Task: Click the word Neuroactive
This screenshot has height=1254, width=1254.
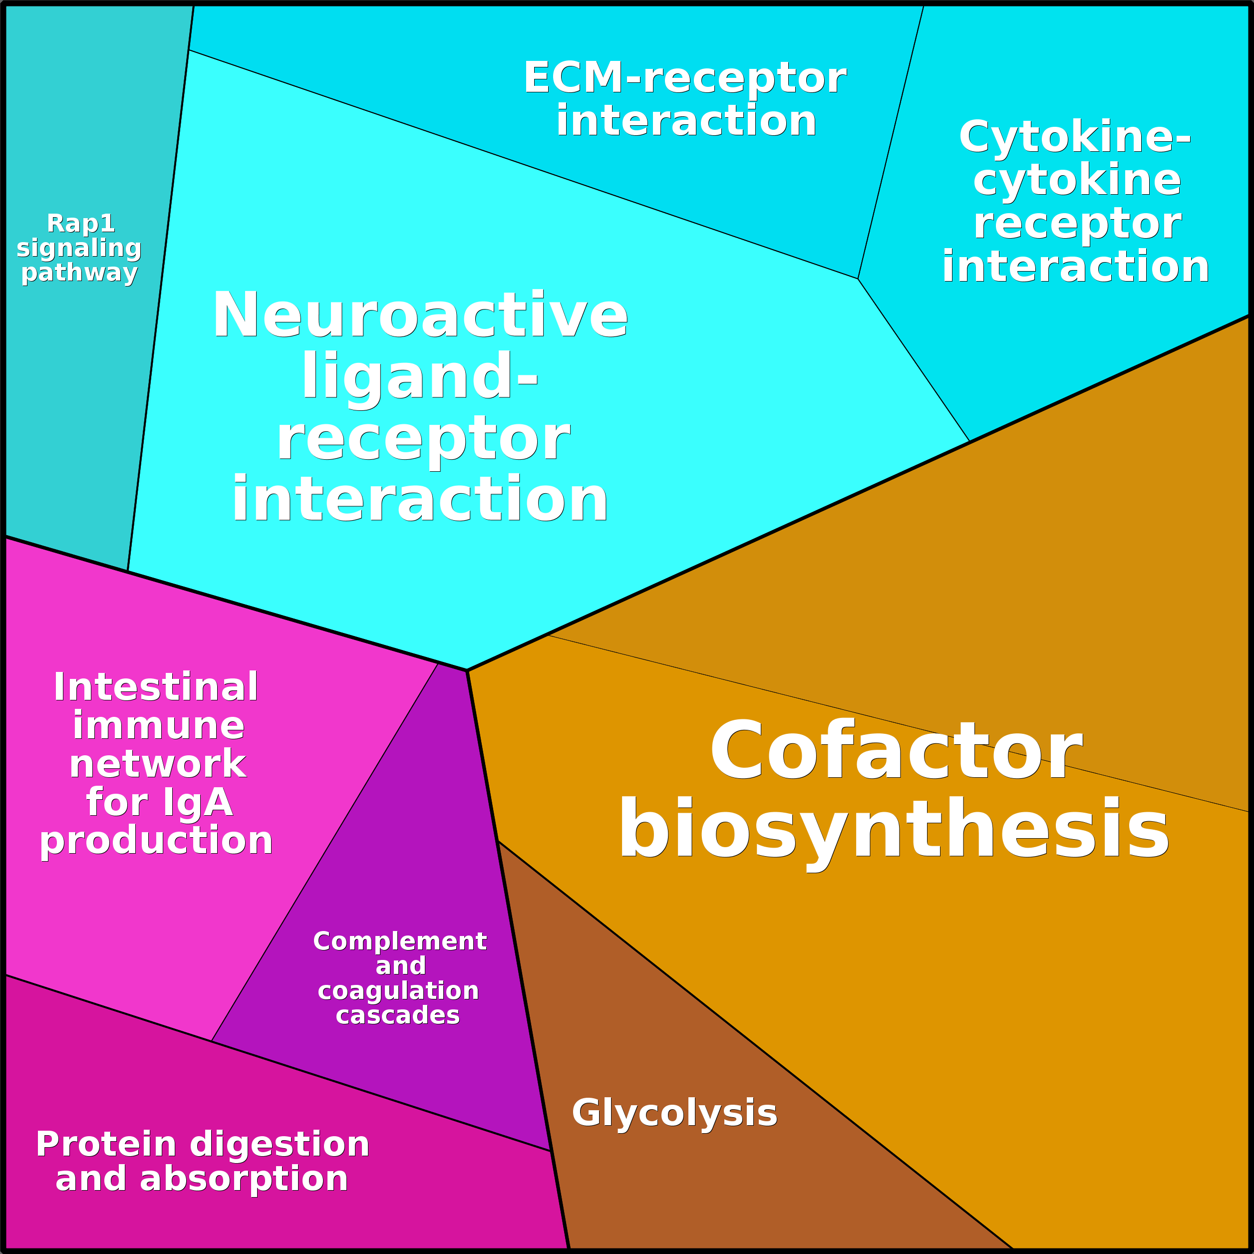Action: tap(420, 315)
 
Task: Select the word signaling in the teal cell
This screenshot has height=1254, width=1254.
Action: tap(79, 248)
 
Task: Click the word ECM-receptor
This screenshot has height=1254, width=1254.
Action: tap(685, 78)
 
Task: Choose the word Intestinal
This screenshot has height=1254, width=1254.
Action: tap(156, 687)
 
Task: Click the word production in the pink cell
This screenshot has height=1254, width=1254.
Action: tap(156, 841)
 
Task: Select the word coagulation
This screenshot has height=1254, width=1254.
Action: tap(398, 991)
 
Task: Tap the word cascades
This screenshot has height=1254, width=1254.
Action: tap(398, 1015)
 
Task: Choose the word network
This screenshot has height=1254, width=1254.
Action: tap(158, 765)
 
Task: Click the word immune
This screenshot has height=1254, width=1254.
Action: tap(158, 726)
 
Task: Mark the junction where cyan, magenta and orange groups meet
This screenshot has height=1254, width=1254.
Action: tap(467, 670)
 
